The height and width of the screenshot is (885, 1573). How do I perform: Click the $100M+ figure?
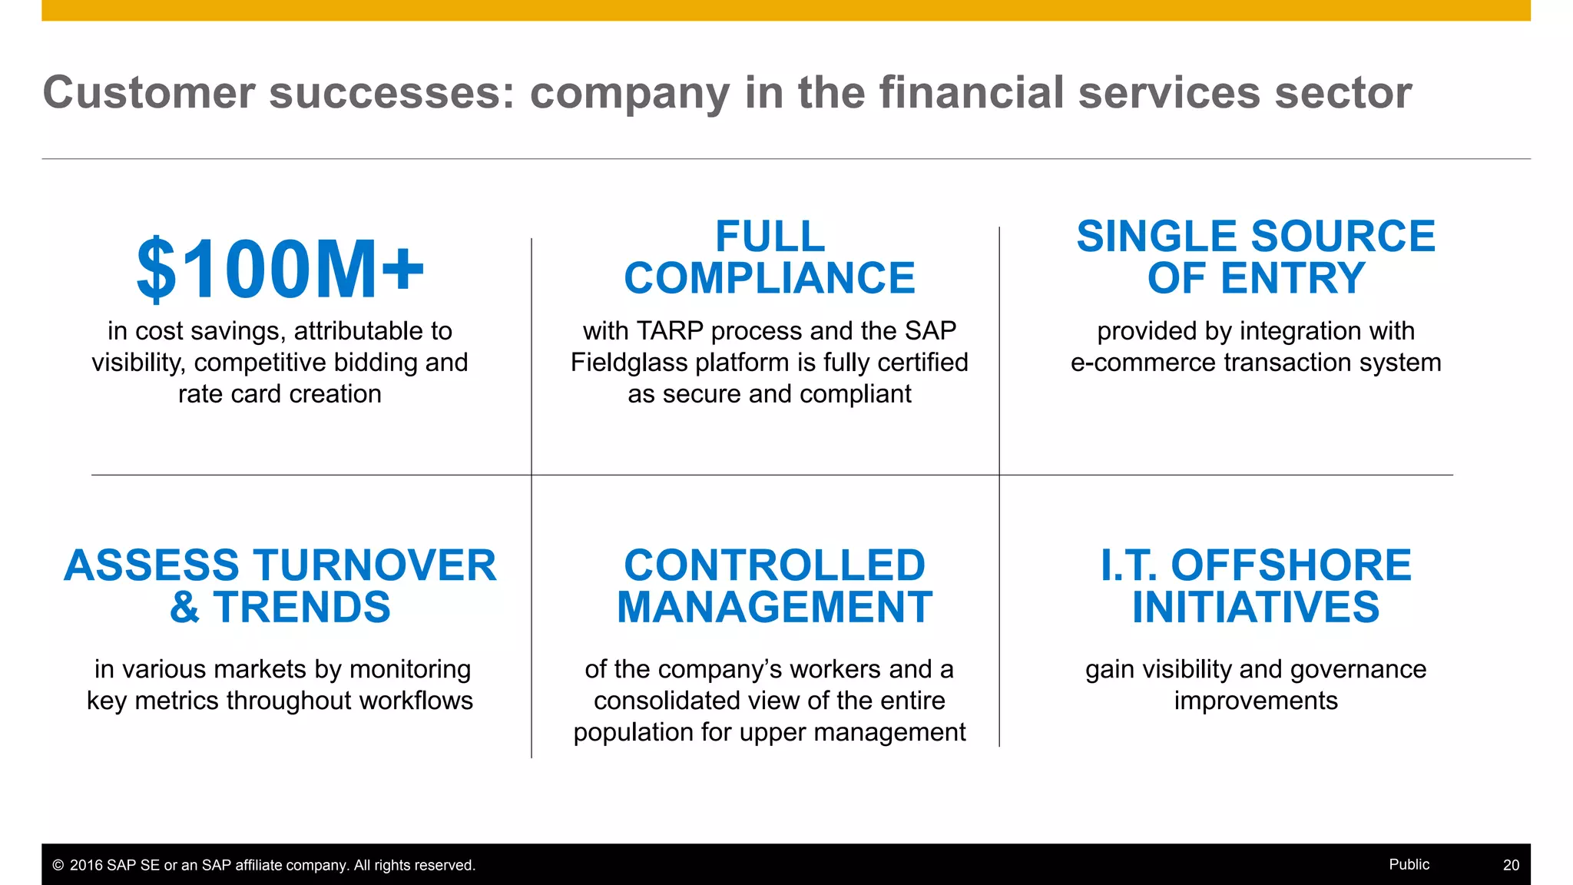click(280, 270)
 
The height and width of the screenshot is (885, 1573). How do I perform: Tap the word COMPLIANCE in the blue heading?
click(769, 278)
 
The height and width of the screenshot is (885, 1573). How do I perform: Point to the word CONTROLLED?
click(774, 565)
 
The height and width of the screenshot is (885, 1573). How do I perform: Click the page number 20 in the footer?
click(1511, 865)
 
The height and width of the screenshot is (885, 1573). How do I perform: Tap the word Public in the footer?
click(1409, 864)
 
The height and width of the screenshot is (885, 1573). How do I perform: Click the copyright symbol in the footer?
click(58, 866)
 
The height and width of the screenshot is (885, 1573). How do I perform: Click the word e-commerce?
click(1144, 363)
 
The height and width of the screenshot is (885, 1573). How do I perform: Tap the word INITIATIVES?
click(1256, 608)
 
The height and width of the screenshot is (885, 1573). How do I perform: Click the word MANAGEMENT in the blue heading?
click(774, 608)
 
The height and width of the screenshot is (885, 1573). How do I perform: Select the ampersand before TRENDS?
click(184, 608)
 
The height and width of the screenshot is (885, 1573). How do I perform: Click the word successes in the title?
click(392, 93)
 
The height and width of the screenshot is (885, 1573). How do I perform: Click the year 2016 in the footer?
click(86, 866)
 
